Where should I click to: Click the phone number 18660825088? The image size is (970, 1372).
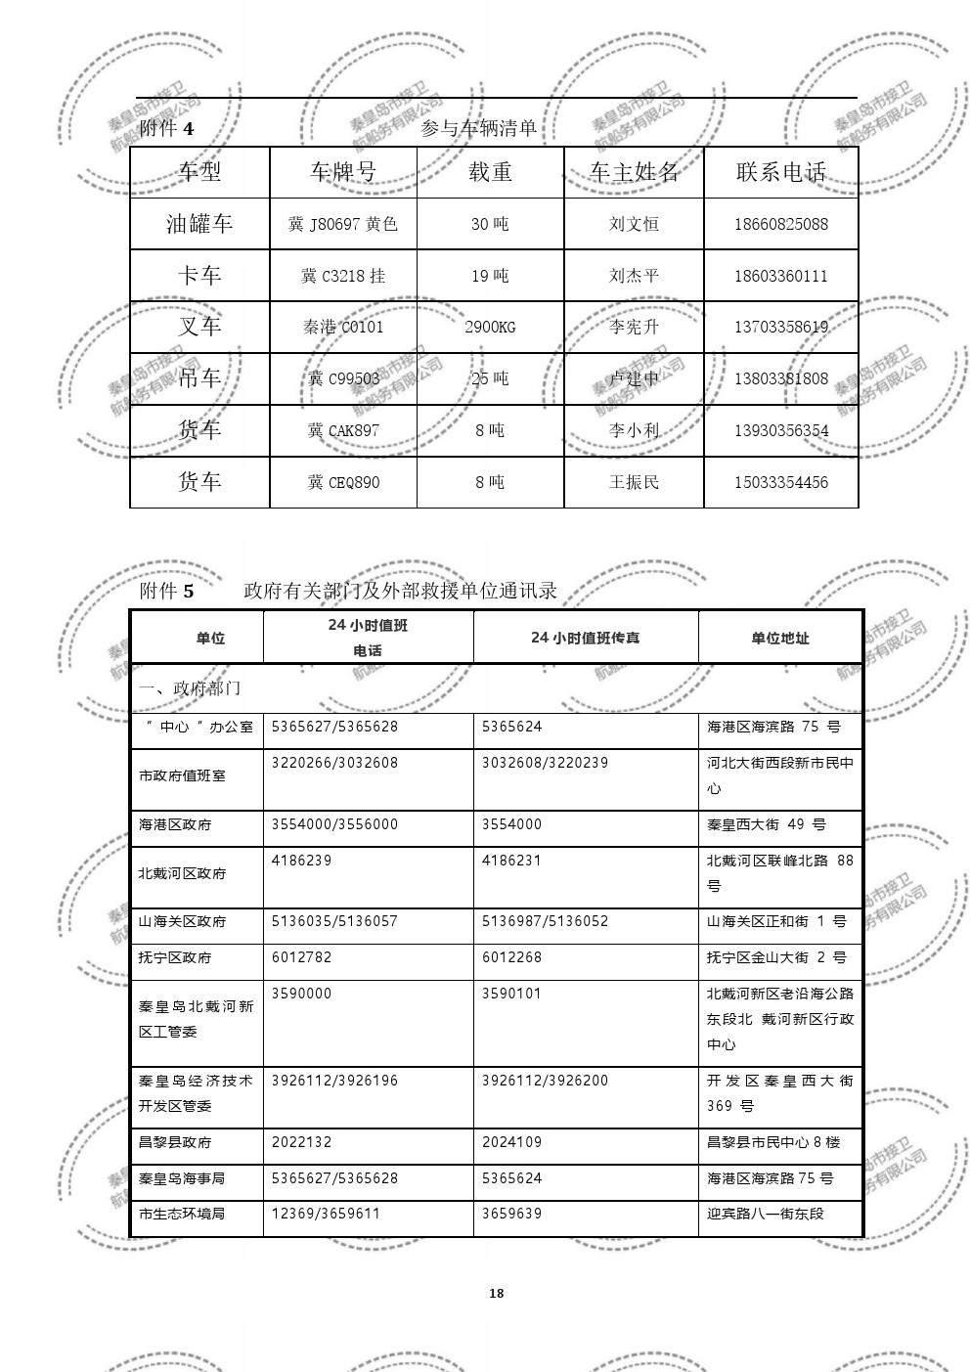(x=780, y=224)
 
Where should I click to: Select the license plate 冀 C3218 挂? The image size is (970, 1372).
(x=342, y=276)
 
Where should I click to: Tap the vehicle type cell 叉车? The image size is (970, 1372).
(x=199, y=327)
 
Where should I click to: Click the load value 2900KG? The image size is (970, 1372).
(x=490, y=327)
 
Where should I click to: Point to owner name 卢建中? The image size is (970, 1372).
(x=634, y=378)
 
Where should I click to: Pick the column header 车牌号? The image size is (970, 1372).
(x=342, y=172)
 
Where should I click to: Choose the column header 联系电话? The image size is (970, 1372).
(x=780, y=172)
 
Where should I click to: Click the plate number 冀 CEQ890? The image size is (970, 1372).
(x=342, y=482)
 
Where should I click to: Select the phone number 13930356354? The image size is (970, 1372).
(x=780, y=430)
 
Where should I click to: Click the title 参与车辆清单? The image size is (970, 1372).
(x=479, y=128)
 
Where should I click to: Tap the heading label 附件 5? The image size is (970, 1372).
(x=167, y=591)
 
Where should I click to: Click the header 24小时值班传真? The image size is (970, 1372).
(x=585, y=638)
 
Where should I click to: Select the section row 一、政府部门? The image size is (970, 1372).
(x=190, y=688)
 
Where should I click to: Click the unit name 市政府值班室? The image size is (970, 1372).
(x=182, y=775)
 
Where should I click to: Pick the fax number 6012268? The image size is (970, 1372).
(x=511, y=957)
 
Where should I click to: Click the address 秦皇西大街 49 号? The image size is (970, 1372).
(x=766, y=824)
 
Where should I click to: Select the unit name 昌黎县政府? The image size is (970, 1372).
(x=175, y=1142)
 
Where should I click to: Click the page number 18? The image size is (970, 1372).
(x=496, y=1294)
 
